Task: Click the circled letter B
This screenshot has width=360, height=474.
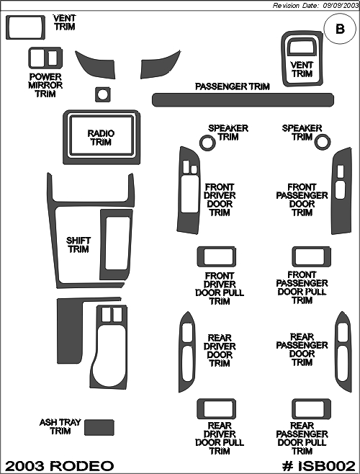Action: (x=340, y=29)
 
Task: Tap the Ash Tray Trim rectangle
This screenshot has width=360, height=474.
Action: (x=99, y=427)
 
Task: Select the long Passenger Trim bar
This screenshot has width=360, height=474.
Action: (x=243, y=99)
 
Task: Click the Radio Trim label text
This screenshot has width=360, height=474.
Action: (x=101, y=138)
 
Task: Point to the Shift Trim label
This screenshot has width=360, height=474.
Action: (x=78, y=245)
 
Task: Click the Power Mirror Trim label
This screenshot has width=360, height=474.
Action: (x=45, y=85)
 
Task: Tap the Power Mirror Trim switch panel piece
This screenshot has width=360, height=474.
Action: (x=45, y=58)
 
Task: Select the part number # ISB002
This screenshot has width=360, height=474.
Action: (x=318, y=465)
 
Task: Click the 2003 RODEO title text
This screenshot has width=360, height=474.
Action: (x=60, y=466)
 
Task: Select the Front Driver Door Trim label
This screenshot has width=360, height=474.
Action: (x=220, y=200)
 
